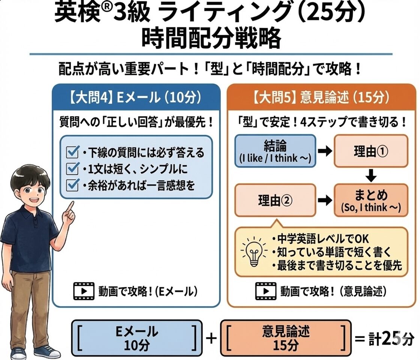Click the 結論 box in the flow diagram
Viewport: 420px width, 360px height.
pyautogui.click(x=276, y=151)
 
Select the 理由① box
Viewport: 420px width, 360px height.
pyautogui.click(x=370, y=151)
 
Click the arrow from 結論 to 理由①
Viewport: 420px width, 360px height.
pyautogui.click(x=324, y=151)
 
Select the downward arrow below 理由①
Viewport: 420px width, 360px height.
pyautogui.click(x=370, y=175)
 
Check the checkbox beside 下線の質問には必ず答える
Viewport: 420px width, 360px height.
pyautogui.click(x=71, y=153)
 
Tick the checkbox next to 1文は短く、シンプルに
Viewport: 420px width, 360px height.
pyautogui.click(x=71, y=169)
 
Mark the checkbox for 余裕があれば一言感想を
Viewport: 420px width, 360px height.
pyautogui.click(x=71, y=185)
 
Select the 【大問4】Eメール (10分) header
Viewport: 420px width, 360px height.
pyautogui.click(x=136, y=99)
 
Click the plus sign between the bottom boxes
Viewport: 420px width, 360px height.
pyautogui.click(x=211, y=339)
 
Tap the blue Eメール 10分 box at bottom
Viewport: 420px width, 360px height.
pyautogui.click(x=136, y=339)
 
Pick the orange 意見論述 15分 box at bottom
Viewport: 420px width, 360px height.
pyautogui.click(x=286, y=339)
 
